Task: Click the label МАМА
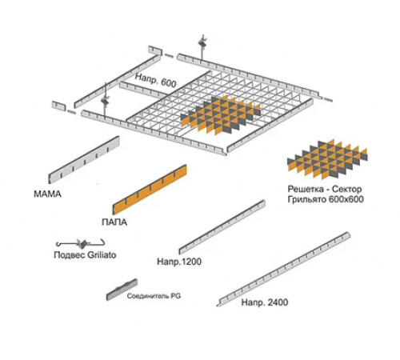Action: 47,194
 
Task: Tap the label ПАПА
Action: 114,222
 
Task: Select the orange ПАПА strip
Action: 150,190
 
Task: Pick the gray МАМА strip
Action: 84,160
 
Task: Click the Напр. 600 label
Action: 156,80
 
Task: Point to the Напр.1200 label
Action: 179,262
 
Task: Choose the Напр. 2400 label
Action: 265,302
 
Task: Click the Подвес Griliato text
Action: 85,255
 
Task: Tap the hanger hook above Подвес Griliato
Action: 80,243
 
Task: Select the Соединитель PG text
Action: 154,296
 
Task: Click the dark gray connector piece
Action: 122,290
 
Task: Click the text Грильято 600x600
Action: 326,199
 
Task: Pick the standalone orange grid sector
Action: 327,159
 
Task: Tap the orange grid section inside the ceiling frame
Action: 221,115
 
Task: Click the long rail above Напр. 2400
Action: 283,270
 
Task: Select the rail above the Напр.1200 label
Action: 222,227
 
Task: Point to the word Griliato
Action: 102,255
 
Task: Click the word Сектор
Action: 347,189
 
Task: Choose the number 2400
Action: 277,302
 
